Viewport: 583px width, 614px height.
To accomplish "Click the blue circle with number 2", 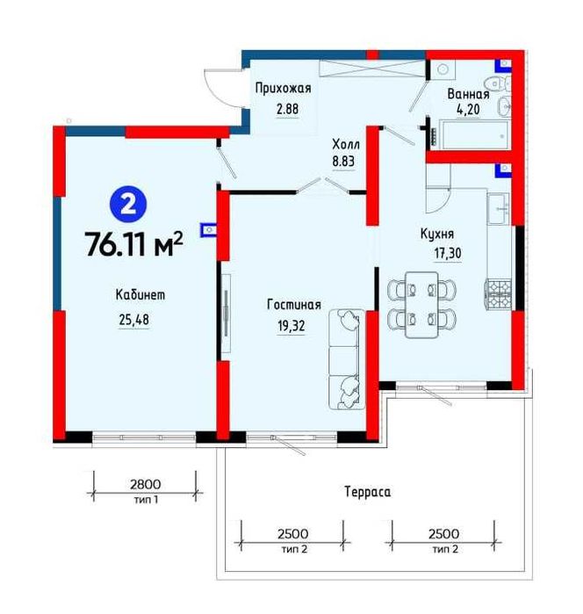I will point(128,206).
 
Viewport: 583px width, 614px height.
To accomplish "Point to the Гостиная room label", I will point(294,305).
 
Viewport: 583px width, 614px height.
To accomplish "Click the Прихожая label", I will point(283,88).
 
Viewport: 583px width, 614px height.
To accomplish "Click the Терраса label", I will point(368,492).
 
